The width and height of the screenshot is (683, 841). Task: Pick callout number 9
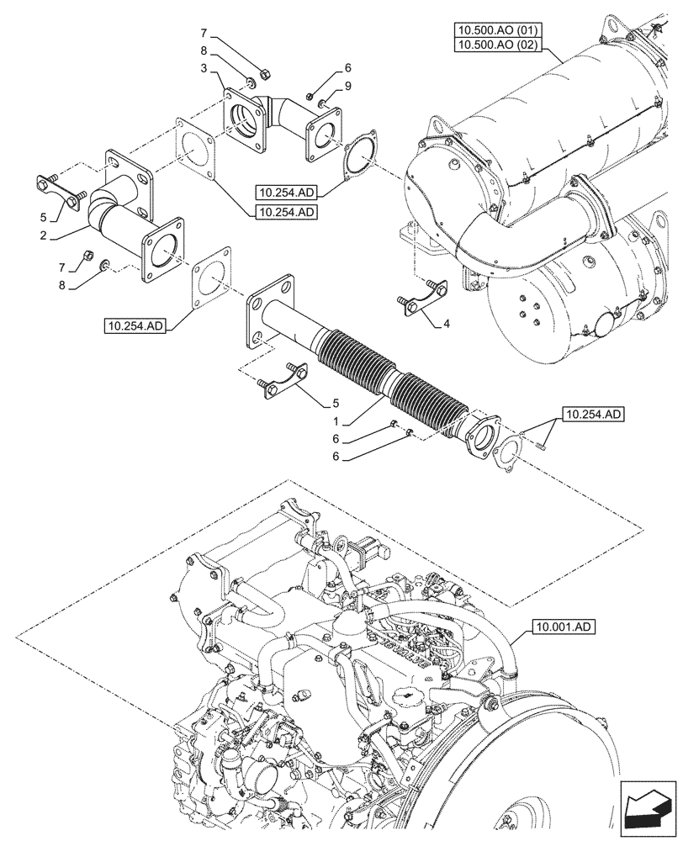347,86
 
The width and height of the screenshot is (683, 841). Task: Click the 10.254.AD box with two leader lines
588,415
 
